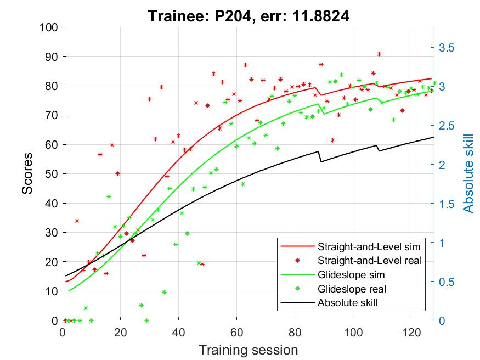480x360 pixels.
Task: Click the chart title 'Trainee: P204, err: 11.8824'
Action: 248,17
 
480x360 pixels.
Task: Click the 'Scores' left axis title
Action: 27,173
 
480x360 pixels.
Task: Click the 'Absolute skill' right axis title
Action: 467,173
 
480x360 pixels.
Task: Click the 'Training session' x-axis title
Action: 248,350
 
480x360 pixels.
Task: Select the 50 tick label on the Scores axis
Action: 50,173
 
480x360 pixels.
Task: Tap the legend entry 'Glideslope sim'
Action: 351,274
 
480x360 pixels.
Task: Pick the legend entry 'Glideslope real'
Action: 352,288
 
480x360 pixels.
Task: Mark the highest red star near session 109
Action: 379,54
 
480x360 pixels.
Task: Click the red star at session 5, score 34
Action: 77,221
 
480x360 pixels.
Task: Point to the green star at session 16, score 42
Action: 109,196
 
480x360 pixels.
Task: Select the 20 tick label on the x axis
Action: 121,333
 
